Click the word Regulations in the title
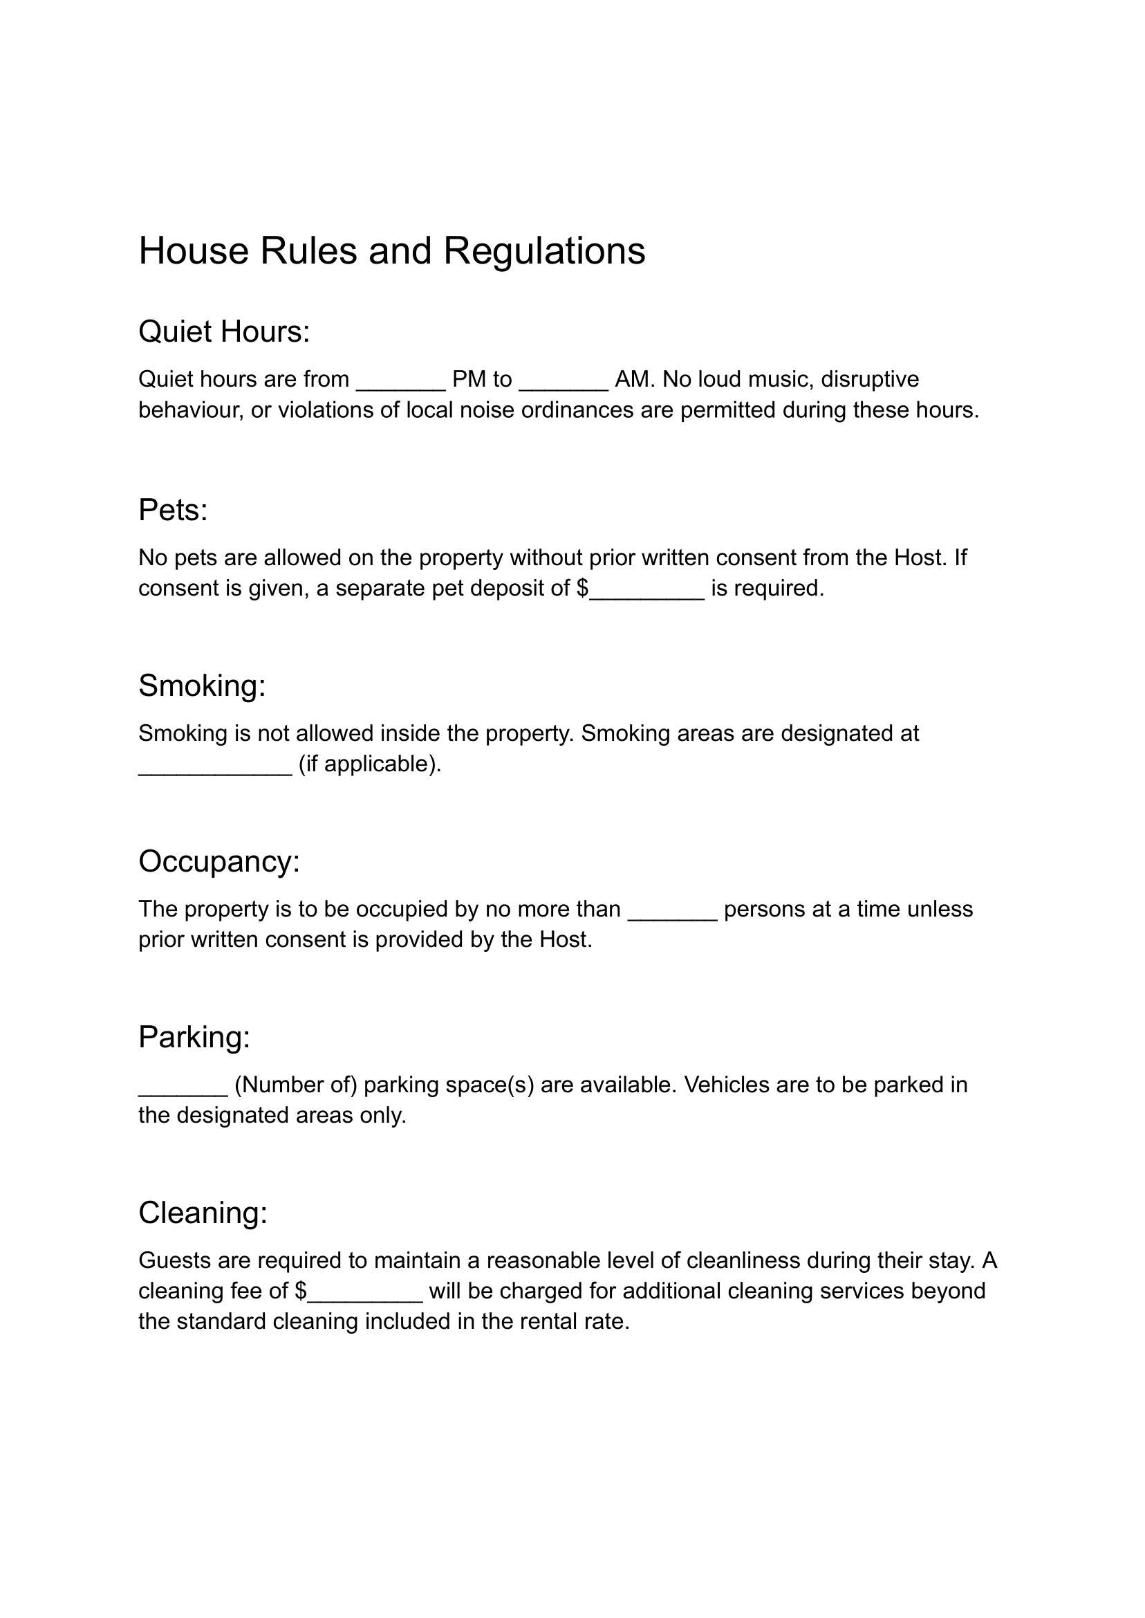[x=543, y=251]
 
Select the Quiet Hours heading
[x=223, y=332]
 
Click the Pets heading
[x=173, y=510]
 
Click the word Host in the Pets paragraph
[x=919, y=558]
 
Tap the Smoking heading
[x=202, y=686]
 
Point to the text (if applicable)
[x=369, y=764]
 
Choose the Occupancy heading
[x=218, y=862]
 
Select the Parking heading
[x=194, y=1038]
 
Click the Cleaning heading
[x=203, y=1213]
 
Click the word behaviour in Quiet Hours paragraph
[x=190, y=410]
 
